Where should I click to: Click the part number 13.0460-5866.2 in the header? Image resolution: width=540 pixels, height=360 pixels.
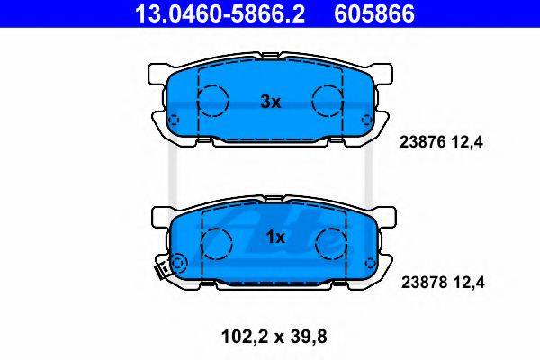[x=220, y=14]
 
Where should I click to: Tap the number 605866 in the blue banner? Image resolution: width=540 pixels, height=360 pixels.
[x=374, y=14]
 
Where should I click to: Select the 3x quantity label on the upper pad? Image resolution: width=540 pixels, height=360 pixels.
[x=271, y=102]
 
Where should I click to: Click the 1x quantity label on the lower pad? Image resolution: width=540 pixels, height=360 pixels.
[x=276, y=237]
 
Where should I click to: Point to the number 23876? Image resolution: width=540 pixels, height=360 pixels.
[x=423, y=142]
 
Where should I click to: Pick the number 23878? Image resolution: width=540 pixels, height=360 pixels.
[x=425, y=283]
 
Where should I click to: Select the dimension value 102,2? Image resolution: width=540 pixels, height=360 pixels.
[x=245, y=337]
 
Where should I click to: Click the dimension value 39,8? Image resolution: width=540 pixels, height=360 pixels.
[x=308, y=337]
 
